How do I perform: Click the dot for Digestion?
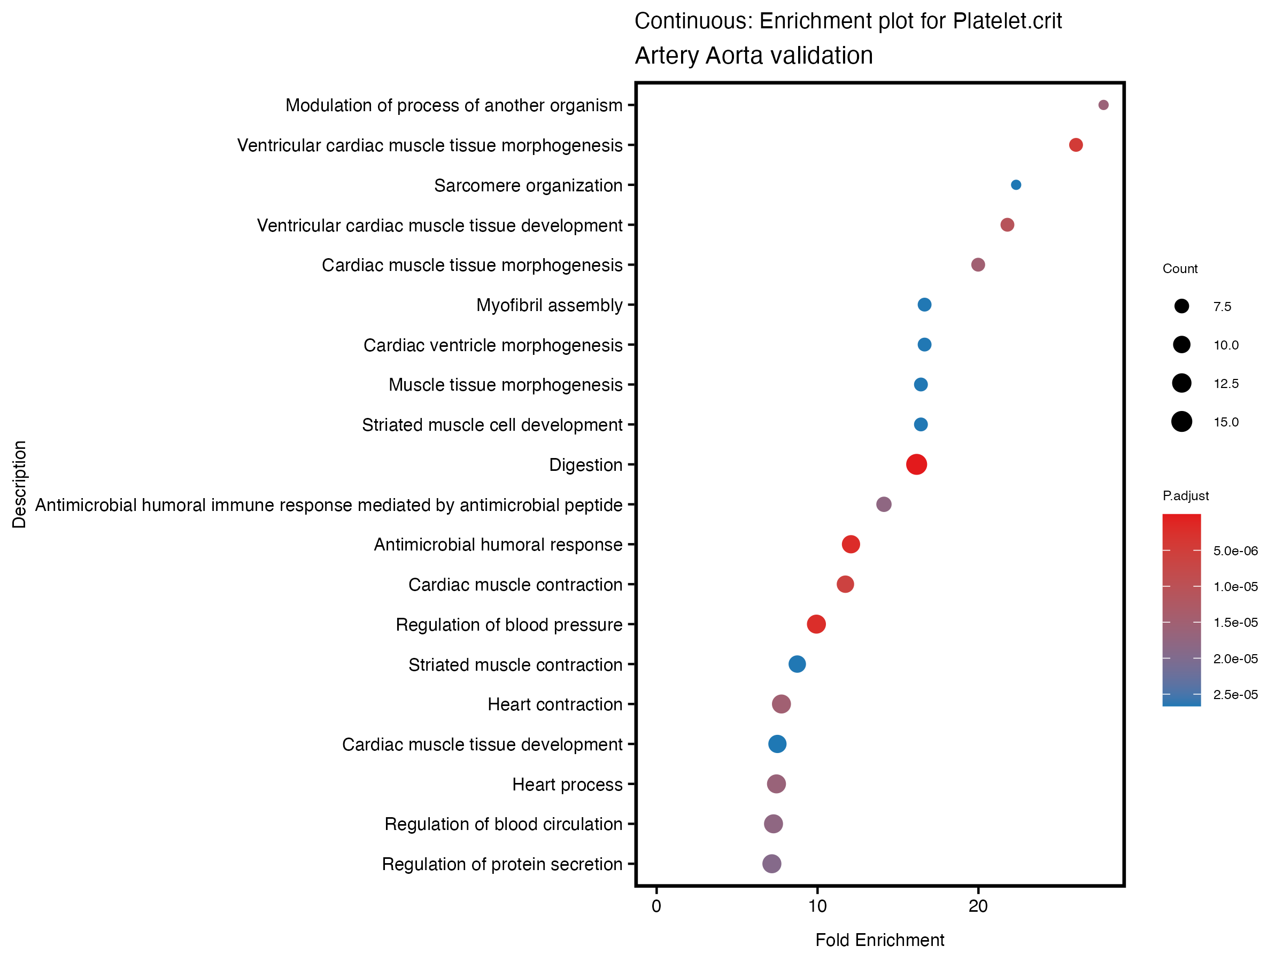point(916,464)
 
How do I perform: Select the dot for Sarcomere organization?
point(1016,185)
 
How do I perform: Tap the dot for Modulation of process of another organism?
point(1103,105)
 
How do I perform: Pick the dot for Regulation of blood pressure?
point(816,624)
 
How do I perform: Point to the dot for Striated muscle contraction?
point(797,664)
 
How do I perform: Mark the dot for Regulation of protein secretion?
point(771,864)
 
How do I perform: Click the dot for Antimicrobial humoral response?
point(851,544)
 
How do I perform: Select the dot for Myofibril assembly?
point(924,305)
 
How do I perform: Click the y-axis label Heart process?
point(567,785)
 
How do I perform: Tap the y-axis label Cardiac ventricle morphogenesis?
point(492,345)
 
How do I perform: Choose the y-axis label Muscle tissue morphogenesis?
point(505,385)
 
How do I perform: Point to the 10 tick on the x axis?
point(817,906)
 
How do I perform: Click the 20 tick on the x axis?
point(978,906)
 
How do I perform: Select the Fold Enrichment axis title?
point(879,940)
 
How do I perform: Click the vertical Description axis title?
point(19,484)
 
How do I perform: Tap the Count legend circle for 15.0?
point(1181,422)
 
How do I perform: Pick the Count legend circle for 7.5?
point(1181,306)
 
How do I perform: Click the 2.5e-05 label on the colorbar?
point(1235,695)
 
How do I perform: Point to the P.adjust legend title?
point(1186,496)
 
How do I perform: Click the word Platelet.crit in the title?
point(1007,21)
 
